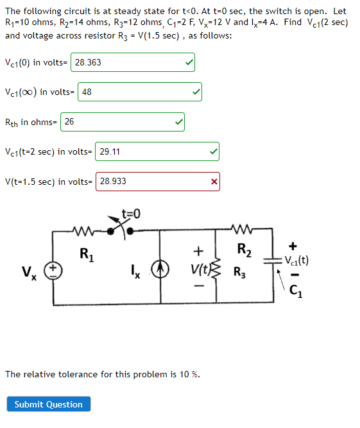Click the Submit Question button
[49, 404]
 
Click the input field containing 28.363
[132, 62]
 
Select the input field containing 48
[140, 92]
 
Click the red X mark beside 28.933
[214, 182]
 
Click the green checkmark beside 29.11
[212, 151]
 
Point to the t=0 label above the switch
[131, 213]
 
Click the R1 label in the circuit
[83, 253]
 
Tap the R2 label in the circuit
[244, 249]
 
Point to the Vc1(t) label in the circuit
[297, 261]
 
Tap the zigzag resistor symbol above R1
[84, 230]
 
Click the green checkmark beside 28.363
[188, 62]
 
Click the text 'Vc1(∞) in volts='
[40, 92]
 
